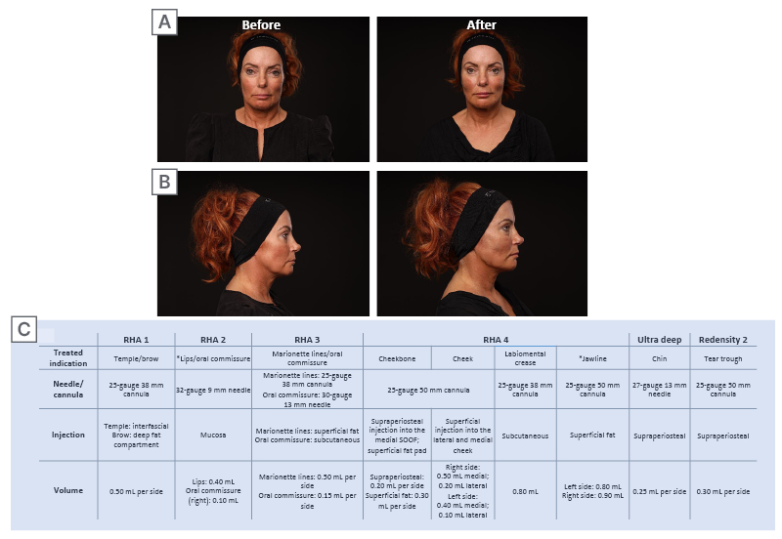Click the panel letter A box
click(x=164, y=22)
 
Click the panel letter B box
click(x=164, y=182)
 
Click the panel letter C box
click(x=23, y=329)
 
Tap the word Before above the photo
click(x=261, y=25)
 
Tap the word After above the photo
click(x=481, y=25)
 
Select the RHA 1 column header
click(x=136, y=340)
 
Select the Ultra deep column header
click(x=659, y=340)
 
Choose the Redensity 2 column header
click(x=723, y=340)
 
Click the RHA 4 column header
click(x=496, y=340)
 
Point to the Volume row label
click(x=68, y=490)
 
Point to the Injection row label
click(x=68, y=435)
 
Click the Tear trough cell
click(x=723, y=358)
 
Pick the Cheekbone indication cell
click(x=397, y=358)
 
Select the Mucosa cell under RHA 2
click(x=213, y=435)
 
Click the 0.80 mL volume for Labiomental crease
click(x=525, y=492)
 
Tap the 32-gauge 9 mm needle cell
click(x=213, y=390)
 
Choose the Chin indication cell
click(x=659, y=358)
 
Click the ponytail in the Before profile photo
click(x=214, y=231)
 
